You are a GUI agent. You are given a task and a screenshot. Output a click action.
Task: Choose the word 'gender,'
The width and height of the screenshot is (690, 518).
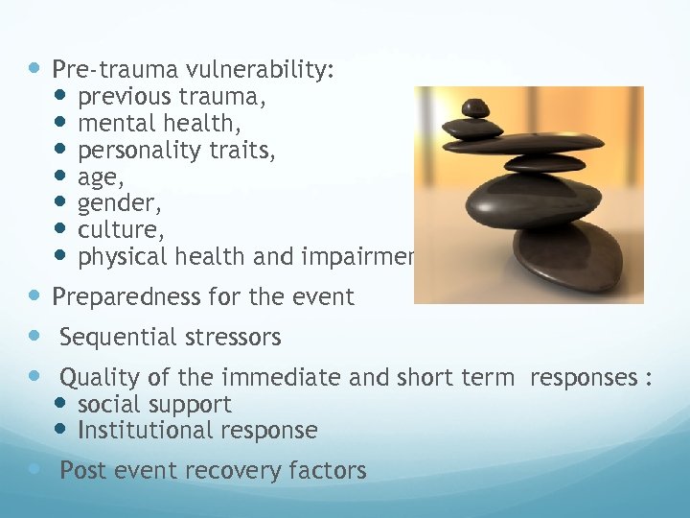pos(116,204)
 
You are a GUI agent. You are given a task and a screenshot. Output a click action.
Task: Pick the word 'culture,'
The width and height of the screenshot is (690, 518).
pos(117,230)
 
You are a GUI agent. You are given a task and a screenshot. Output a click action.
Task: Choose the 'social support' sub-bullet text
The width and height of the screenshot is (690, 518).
pos(154,404)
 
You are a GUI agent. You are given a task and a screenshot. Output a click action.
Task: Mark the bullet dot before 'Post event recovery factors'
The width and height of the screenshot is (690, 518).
pos(35,470)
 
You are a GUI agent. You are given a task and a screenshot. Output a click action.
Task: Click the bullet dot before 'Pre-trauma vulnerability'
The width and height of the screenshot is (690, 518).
pos(35,69)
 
